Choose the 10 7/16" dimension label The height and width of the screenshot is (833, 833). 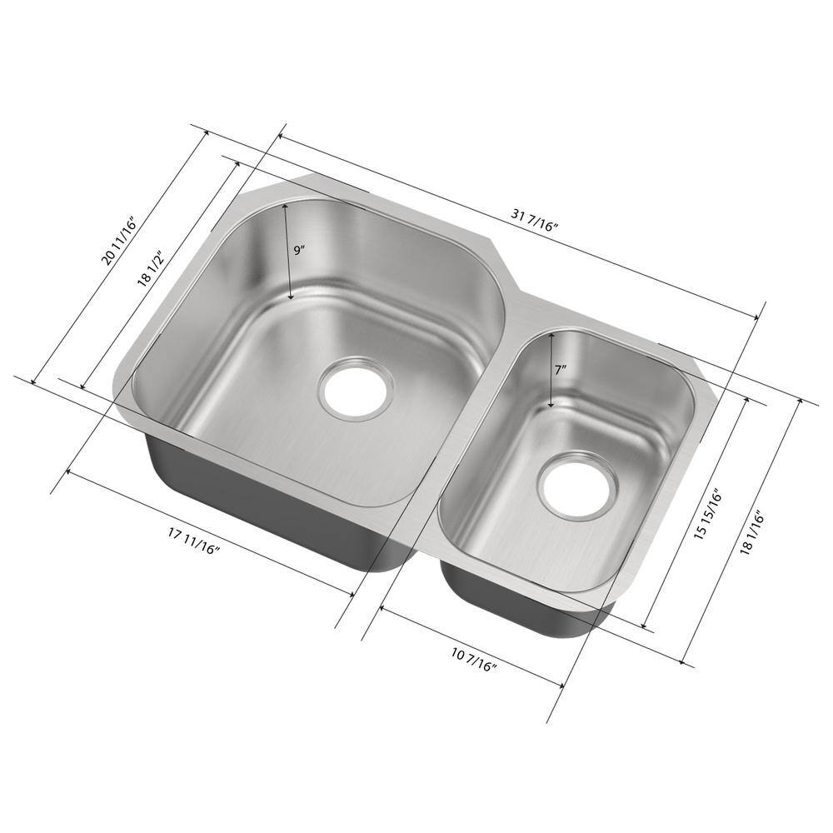(x=474, y=661)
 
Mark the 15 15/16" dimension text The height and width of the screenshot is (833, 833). (x=707, y=514)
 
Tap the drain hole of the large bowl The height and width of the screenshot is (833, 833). (x=357, y=388)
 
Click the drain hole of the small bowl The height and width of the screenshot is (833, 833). (x=578, y=485)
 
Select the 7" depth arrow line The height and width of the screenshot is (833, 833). (x=551, y=371)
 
